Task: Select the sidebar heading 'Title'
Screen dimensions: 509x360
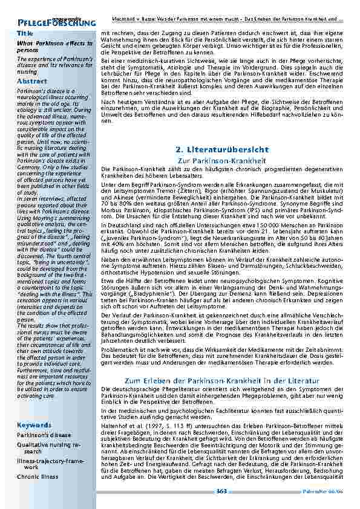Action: [25, 33]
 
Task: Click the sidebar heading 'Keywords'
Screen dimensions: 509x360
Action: [34, 425]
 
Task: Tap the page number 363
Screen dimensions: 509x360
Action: [221, 491]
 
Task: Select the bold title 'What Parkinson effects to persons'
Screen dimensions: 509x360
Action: [54, 47]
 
